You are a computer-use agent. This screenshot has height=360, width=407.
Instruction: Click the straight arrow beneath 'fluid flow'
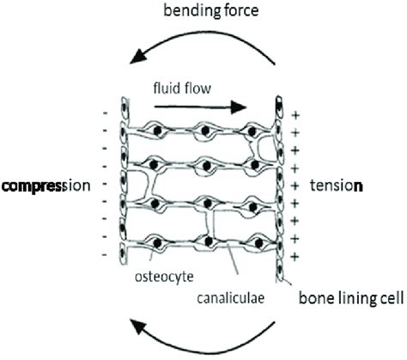tap(207, 107)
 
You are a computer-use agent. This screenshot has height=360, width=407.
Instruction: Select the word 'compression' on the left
tap(45, 185)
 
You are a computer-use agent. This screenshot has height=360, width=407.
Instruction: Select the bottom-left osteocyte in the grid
tap(157, 241)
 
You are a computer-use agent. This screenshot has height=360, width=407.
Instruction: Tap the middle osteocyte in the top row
tap(205, 132)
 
